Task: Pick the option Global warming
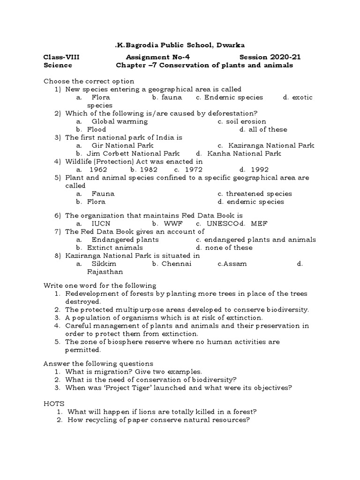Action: (120, 121)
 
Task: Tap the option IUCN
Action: (101, 224)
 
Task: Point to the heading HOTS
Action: (54, 403)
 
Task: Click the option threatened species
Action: (259, 194)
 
